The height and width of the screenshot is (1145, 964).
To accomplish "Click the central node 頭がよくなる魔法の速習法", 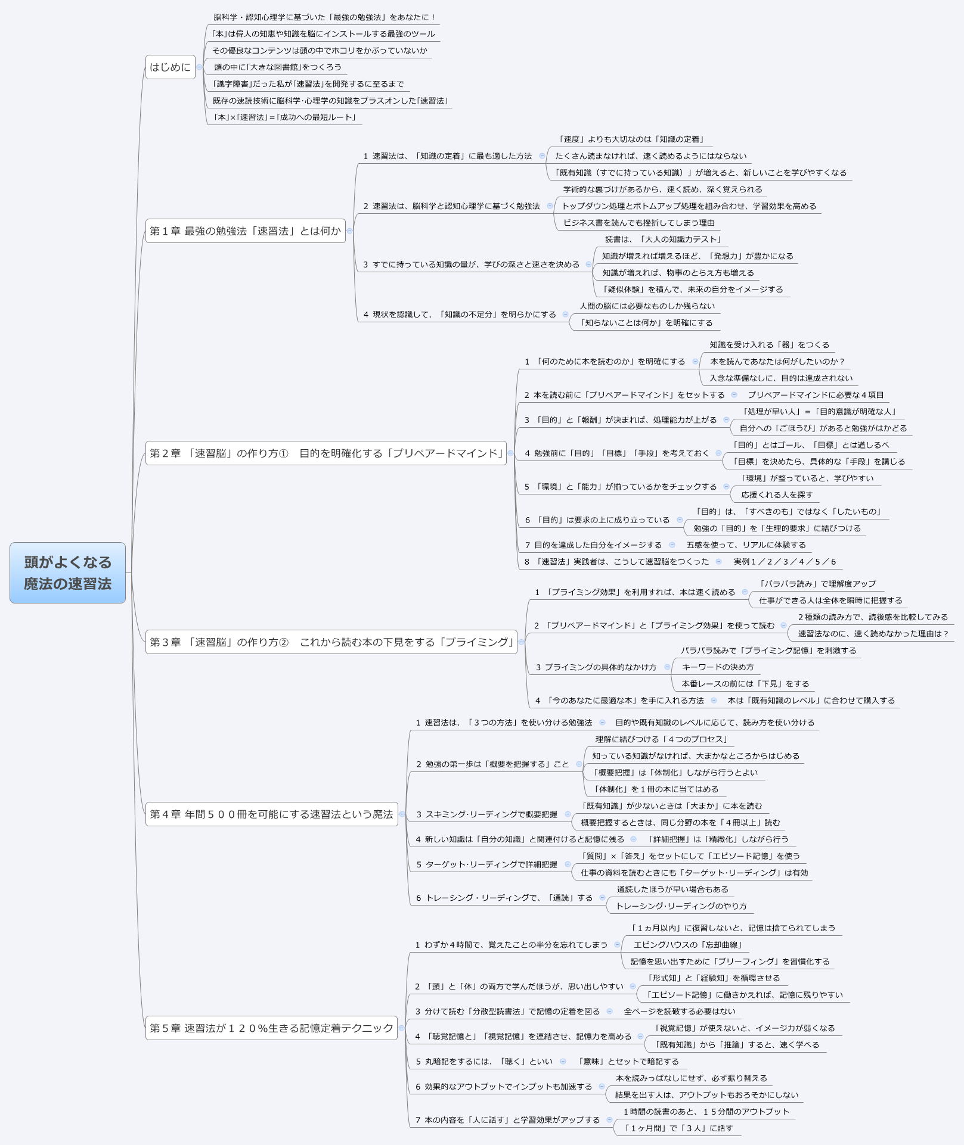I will tap(67, 572).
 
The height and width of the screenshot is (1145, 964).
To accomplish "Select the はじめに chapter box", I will tap(170, 67).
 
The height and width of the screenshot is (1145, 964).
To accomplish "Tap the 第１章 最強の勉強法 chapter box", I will tap(245, 231).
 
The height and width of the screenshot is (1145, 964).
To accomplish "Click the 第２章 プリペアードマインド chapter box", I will tap(326, 453).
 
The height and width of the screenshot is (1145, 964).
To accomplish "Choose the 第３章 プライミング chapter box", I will tap(331, 642).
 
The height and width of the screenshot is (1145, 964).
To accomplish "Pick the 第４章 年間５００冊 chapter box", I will tap(271, 814).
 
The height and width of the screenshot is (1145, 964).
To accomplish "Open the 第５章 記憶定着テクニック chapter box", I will tap(271, 1028).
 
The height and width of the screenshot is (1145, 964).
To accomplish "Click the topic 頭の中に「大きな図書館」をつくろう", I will tap(278, 67).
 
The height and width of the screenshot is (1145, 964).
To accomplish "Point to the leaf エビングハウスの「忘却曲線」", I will tap(687, 945).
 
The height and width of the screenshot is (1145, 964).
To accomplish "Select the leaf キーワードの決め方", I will tap(718, 667).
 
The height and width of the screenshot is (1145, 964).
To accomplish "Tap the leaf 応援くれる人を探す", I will tap(777, 495).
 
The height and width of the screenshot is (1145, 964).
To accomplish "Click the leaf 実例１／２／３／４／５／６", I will tap(785, 562).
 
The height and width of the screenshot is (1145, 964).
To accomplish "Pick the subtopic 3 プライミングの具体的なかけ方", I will tap(596, 667).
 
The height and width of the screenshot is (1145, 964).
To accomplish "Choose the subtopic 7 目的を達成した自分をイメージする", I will tap(593, 545).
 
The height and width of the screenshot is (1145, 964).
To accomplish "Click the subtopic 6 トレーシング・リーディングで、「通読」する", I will tap(504, 898).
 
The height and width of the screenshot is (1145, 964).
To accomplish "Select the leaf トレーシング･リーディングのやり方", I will tap(681, 906).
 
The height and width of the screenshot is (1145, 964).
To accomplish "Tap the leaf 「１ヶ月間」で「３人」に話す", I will tap(678, 1128).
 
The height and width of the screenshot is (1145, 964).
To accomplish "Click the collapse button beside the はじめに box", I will tap(199, 67).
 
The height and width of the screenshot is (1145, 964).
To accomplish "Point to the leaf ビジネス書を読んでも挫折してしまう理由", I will tap(639, 223).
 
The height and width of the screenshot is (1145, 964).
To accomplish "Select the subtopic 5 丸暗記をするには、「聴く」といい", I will tap(484, 1062).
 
